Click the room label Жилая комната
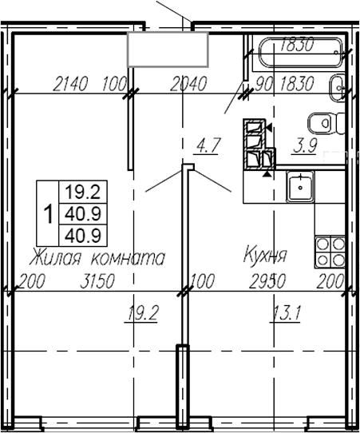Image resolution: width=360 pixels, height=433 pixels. click(x=97, y=258)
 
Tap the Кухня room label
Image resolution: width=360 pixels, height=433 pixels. click(x=265, y=257)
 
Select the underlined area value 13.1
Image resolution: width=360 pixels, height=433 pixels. click(x=285, y=312)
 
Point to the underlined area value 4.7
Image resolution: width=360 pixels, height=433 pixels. click(x=208, y=145)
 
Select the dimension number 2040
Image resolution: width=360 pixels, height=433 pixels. click(x=189, y=83)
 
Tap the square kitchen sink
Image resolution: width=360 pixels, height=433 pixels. click(x=303, y=187)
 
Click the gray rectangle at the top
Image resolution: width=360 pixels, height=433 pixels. click(x=168, y=50)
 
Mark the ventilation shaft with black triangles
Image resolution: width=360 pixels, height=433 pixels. click(x=258, y=144)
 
